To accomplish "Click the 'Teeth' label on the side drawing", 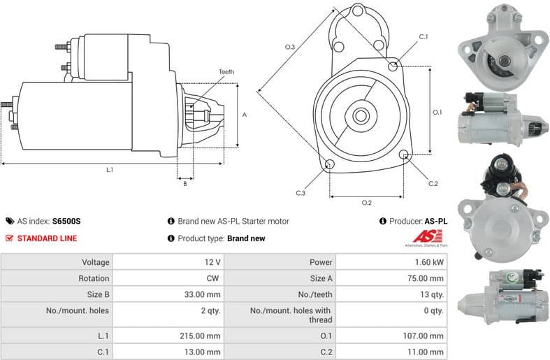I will [226, 72].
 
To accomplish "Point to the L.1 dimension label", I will [110, 170].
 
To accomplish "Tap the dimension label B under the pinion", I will [185, 184].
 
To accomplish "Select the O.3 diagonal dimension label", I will [290, 47].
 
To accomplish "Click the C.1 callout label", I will [424, 36].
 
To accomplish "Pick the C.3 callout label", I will [301, 192].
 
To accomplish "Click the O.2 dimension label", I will [366, 203].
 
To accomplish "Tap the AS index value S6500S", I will [66, 221].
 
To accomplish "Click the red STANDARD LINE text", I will [47, 238].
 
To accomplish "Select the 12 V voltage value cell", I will [212, 262].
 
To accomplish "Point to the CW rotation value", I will [214, 278].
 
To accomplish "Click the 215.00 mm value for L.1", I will [204, 336].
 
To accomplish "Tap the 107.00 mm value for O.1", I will [426, 336].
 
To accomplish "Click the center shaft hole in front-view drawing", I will [361, 115].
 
